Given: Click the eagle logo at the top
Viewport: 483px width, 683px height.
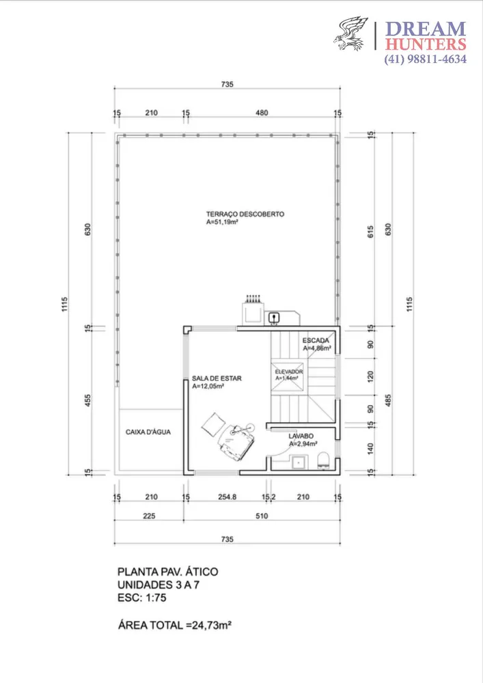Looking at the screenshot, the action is [350, 33].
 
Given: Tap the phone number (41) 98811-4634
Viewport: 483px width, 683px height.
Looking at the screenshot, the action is [425, 59].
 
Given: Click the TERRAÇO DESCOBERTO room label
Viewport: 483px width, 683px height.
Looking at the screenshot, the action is [245, 214].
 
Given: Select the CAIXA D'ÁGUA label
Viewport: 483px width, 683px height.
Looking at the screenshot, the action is [148, 432].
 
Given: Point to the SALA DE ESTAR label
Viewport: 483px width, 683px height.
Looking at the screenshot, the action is [217, 378].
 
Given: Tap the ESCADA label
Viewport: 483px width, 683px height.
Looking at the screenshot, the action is [316, 340].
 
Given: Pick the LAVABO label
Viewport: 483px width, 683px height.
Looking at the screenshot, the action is [301, 436].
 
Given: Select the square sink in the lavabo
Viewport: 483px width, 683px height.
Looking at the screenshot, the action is [300, 462].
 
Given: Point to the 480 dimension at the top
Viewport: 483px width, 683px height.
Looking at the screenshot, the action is [262, 113].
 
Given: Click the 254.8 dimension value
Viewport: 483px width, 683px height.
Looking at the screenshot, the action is [227, 497].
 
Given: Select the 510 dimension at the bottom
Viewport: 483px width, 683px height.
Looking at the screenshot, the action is [262, 516].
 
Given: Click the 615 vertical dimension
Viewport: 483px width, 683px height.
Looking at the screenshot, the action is [371, 232].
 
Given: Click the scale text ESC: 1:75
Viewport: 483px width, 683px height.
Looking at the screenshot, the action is [142, 598].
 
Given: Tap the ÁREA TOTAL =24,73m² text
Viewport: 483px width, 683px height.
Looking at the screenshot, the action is [175, 626].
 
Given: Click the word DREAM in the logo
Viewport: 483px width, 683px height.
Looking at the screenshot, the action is [426, 29].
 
